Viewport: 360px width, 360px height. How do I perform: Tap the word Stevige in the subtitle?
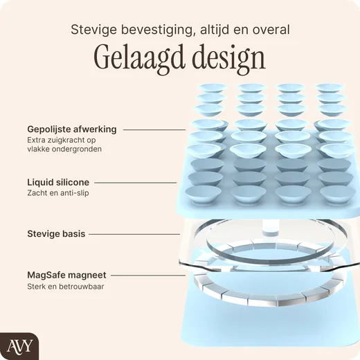click(x=94, y=30)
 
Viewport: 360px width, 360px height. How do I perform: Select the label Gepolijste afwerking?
click(x=72, y=129)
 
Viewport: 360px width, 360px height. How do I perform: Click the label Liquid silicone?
click(x=58, y=182)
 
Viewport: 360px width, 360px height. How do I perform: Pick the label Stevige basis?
click(x=56, y=234)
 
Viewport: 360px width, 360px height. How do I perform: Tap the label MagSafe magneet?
click(x=66, y=275)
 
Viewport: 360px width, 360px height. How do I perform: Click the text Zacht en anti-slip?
click(x=58, y=193)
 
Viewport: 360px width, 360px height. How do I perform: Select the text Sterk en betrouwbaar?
click(x=66, y=287)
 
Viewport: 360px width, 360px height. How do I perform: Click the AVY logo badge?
click(x=19, y=346)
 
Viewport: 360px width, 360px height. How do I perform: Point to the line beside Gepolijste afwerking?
click(x=154, y=129)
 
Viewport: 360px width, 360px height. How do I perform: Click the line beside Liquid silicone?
click(x=136, y=183)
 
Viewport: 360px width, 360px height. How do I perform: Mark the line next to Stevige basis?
click(x=134, y=234)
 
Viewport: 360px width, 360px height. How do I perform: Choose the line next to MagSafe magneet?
click(x=148, y=276)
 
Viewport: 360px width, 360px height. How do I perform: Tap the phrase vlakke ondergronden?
click(x=64, y=149)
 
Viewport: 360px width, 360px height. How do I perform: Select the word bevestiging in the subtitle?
click(x=157, y=30)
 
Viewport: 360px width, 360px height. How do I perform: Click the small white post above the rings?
click(x=271, y=228)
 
